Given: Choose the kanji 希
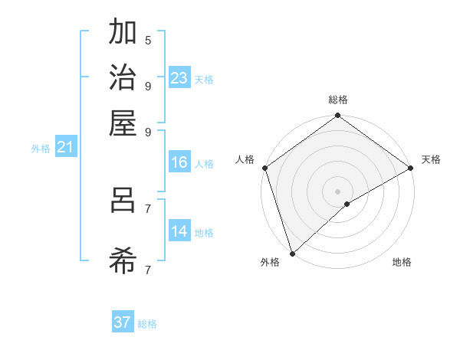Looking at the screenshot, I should [123, 261].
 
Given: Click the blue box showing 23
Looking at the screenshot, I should [179, 77].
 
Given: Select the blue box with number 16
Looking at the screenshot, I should [179, 162].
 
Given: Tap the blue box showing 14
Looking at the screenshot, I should [179, 231].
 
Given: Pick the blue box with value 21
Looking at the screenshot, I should [65, 148].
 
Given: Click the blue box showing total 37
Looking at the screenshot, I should [123, 322].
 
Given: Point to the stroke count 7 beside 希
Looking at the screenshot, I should [148, 270].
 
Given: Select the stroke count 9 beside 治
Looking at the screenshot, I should [148, 85].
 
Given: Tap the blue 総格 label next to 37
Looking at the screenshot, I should [147, 324].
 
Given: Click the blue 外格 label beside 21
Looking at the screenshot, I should [41, 149].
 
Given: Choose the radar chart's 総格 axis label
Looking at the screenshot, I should [337, 100].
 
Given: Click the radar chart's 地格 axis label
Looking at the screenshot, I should [402, 262].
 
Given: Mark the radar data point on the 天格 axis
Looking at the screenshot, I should [411, 168].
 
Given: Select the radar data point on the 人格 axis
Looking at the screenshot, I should [264, 168].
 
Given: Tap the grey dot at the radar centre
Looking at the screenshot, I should [337, 191].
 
